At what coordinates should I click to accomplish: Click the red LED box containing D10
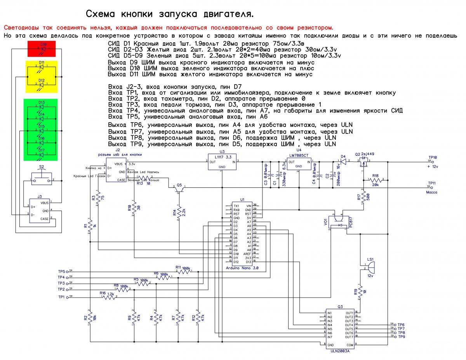42,48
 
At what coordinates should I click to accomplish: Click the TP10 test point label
432,157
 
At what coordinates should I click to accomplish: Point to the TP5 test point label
61,271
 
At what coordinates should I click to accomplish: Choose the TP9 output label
401,337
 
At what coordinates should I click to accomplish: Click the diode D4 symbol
343,161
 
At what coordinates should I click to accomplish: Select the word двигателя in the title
224,14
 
